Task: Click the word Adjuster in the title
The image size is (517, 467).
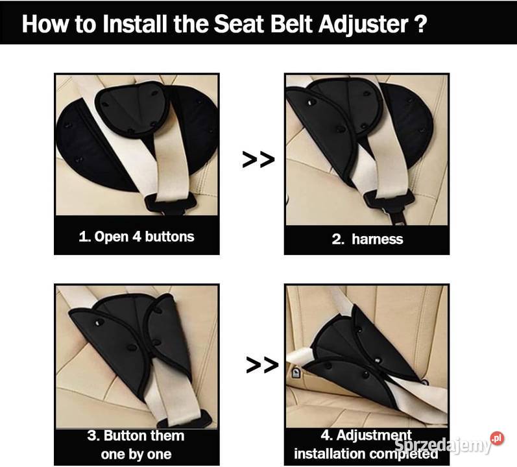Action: pyautogui.click(x=363, y=25)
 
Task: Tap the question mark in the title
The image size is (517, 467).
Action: pyautogui.click(x=420, y=24)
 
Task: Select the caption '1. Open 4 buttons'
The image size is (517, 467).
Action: pyautogui.click(x=136, y=237)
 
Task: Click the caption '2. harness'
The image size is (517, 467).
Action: pyautogui.click(x=367, y=239)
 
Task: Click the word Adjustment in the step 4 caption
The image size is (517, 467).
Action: pyautogui.click(x=374, y=435)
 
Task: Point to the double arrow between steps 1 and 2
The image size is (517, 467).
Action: pyautogui.click(x=258, y=160)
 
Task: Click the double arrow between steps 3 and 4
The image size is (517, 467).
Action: pyautogui.click(x=262, y=365)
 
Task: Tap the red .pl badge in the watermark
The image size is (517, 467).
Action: pyautogui.click(x=498, y=438)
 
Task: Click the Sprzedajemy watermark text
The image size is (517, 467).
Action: pyautogui.click(x=442, y=446)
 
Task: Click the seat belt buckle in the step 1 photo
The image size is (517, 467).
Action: pyautogui.click(x=171, y=204)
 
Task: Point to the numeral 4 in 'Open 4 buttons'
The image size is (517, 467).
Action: pyautogui.click(x=136, y=237)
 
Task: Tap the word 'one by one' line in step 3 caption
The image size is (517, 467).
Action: pyautogui.click(x=136, y=455)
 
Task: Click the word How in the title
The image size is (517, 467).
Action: pyautogui.click(x=45, y=23)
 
